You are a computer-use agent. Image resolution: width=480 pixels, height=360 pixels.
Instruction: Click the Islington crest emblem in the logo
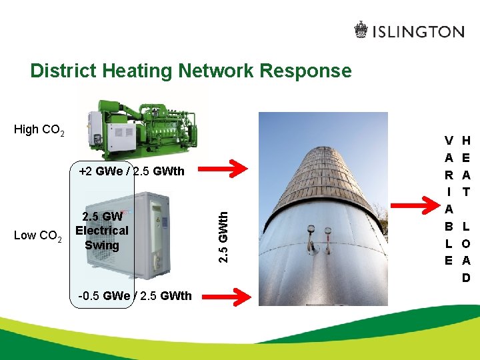[361, 31]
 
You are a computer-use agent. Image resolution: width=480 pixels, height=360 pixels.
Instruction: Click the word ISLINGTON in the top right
[418, 31]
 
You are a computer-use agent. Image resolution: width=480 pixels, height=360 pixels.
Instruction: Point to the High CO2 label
[39, 130]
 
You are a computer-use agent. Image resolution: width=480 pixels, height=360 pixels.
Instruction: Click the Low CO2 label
[38, 235]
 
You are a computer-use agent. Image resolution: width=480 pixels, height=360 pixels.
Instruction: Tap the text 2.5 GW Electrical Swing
[101, 231]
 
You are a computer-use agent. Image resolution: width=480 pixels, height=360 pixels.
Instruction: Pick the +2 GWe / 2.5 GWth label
[131, 171]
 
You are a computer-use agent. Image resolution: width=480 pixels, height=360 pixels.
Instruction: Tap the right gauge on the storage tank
[327, 233]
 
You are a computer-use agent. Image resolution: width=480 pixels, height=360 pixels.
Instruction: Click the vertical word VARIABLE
[449, 200]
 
